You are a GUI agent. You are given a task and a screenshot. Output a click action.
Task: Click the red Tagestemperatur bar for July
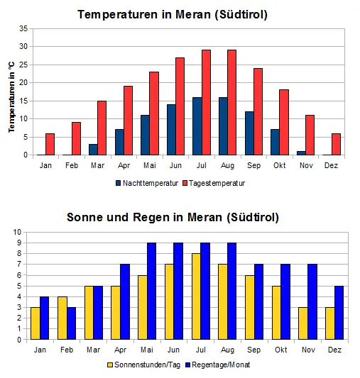206,102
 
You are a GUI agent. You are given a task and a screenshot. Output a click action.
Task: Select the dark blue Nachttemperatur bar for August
223,126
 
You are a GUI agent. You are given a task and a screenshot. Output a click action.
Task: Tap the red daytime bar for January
50,144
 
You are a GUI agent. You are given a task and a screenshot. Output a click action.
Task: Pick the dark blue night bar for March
93,149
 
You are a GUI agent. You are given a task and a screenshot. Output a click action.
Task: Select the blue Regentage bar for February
71,323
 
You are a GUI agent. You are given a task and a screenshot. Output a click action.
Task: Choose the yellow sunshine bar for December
329,323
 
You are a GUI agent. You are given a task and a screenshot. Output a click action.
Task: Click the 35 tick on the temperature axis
23,28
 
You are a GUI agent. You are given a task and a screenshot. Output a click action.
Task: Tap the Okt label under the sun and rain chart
280,350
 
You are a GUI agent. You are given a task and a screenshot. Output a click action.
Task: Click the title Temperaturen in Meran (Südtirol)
173,14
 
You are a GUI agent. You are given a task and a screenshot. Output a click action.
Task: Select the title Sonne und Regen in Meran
173,216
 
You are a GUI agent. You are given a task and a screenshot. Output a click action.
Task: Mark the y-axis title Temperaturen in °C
11,96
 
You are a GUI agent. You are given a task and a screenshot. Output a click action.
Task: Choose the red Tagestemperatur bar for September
258,111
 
